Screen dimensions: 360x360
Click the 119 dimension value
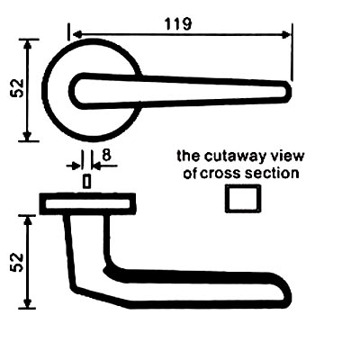click(178, 24)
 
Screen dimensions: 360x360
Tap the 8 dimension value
click(106, 155)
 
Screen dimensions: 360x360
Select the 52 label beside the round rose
click(17, 88)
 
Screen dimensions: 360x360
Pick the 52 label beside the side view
click(17, 262)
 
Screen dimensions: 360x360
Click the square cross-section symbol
click(243, 199)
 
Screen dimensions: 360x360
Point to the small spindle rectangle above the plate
click(86, 181)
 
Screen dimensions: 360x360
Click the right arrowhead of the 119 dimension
click(287, 35)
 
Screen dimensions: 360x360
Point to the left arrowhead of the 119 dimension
click(77, 35)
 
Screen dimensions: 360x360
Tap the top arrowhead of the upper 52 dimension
click(28, 44)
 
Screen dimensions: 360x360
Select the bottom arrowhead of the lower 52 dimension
click(28, 303)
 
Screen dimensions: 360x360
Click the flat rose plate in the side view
click(87, 203)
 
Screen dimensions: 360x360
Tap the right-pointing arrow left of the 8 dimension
click(74, 166)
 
